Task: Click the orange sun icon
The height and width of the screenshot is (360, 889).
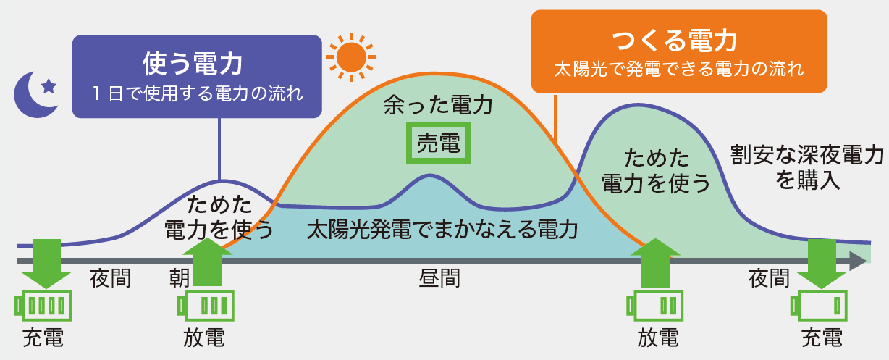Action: (351, 56)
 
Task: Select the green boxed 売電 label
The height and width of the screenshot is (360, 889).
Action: (439, 143)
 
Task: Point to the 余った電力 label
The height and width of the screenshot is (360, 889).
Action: (439, 107)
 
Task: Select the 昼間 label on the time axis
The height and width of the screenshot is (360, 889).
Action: (439, 279)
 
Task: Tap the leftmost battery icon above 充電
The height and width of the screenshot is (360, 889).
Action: (43, 305)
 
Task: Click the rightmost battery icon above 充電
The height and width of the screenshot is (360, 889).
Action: (820, 305)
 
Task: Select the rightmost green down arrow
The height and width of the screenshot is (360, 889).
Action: (822, 264)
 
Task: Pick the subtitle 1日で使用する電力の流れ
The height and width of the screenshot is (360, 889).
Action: (197, 94)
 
